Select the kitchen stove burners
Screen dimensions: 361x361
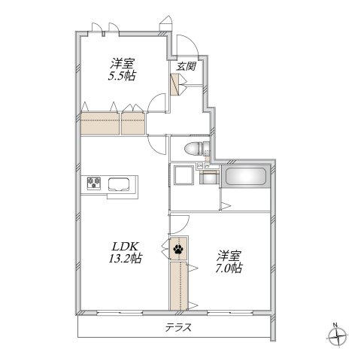(x=96, y=183)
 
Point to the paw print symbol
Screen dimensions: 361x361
(x=178, y=249)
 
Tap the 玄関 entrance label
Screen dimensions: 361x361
(x=187, y=65)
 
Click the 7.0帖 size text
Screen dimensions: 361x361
(x=226, y=267)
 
